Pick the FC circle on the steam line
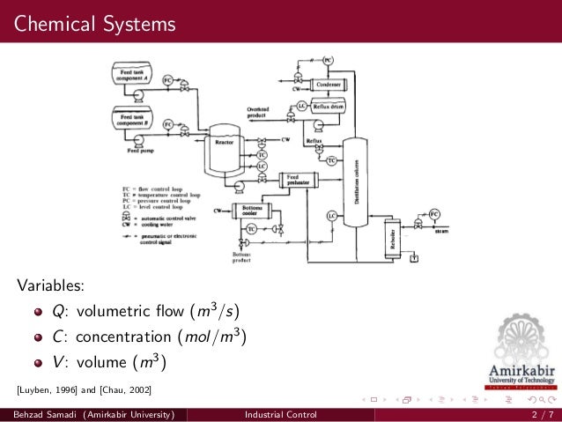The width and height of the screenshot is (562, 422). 434,214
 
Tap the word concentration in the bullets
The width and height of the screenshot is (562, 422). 122,337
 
